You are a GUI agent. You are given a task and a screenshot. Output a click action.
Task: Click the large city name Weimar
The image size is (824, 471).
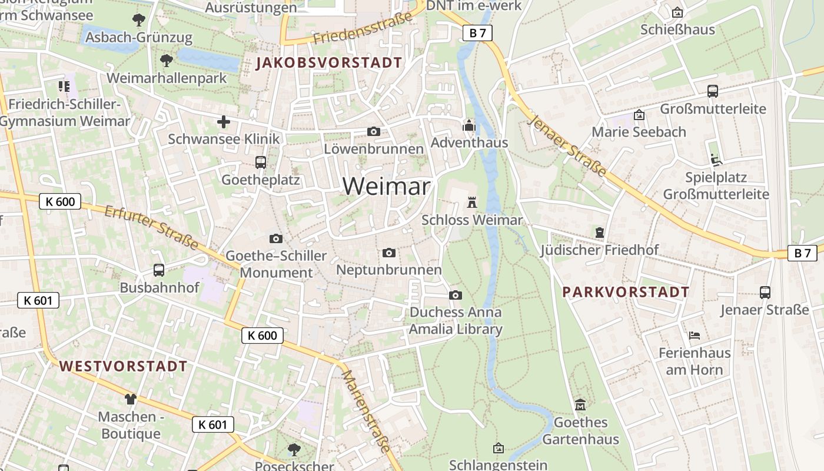[x=387, y=187]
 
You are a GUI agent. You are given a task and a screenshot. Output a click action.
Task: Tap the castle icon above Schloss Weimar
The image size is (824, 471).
[x=471, y=203]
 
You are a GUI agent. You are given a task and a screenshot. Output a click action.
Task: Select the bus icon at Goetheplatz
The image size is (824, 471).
[x=261, y=162]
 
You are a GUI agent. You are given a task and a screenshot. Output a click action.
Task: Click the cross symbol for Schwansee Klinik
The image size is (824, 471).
[x=224, y=122]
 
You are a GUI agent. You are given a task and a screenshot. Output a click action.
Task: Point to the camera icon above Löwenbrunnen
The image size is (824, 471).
[x=374, y=131]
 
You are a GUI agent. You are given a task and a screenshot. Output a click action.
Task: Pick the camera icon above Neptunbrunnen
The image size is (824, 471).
[x=389, y=253]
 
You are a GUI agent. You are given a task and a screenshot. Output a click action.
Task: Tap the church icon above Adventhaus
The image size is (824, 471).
[x=469, y=125]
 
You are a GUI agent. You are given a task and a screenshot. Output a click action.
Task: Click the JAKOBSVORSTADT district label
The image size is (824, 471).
[x=330, y=63]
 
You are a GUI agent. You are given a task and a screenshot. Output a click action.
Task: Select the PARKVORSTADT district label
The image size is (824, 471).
[x=626, y=292]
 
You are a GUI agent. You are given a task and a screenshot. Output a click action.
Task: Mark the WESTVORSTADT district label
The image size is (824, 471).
[x=123, y=366]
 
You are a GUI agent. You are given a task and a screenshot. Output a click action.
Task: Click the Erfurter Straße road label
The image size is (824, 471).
[x=151, y=227]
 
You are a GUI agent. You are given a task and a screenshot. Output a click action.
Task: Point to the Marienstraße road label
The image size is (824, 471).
[x=366, y=410]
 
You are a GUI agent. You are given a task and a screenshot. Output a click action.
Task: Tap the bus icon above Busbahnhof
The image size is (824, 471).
[x=159, y=270]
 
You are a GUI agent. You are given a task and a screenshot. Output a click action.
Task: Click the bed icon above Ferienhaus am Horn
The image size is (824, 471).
[x=695, y=336]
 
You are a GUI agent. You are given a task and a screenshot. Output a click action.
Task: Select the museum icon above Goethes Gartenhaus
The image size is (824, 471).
[x=580, y=404]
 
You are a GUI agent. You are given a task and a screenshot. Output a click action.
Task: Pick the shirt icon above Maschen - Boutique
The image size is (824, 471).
[x=130, y=399]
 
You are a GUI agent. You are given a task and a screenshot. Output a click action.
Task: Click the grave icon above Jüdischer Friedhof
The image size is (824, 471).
[x=599, y=233]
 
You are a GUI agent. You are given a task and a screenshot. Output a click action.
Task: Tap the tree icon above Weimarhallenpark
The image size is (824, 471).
[x=167, y=60]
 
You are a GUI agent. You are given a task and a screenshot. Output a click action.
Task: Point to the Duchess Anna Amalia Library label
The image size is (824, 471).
[x=456, y=320]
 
